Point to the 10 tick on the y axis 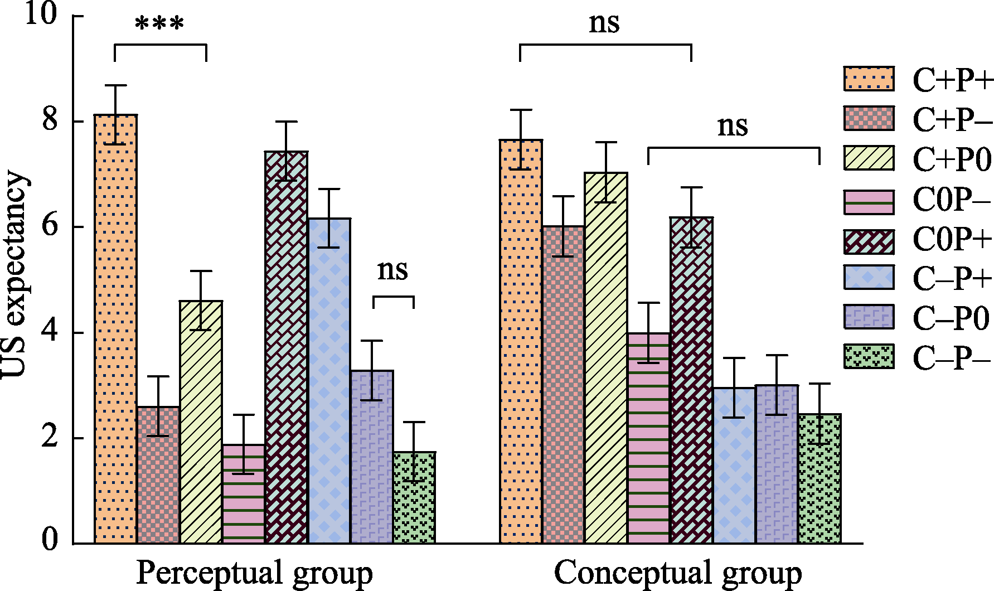tap(41, 14)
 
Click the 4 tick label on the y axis tap(50, 332)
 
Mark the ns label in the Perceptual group tap(392, 270)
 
